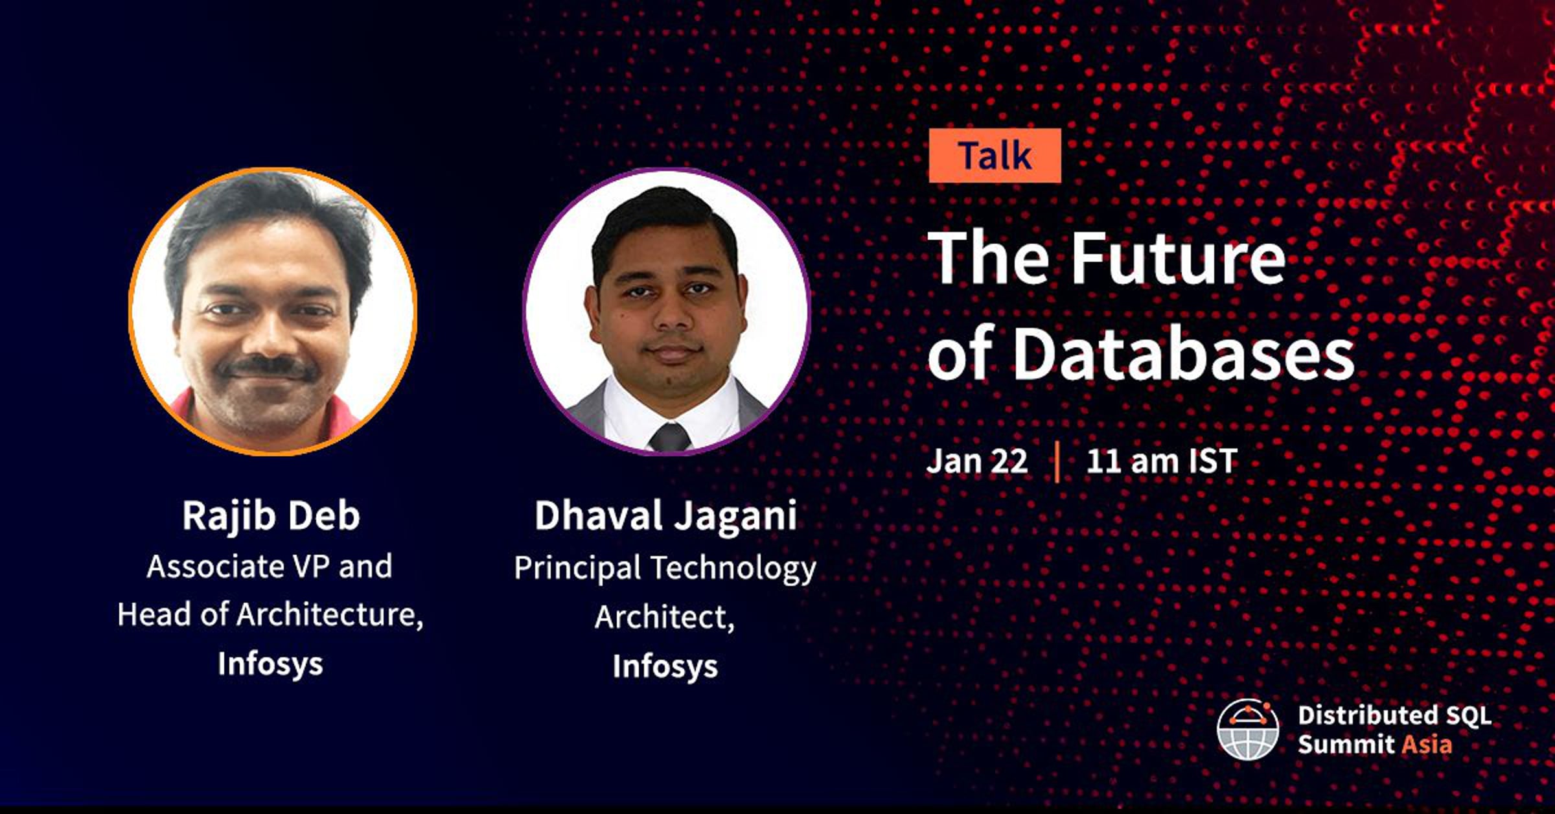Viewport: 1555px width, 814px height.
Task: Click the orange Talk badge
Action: [x=995, y=156]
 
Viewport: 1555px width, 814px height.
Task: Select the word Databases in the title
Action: [x=1183, y=354]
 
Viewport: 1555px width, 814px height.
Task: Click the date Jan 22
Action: [x=977, y=461]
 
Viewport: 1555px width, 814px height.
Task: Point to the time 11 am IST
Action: [x=1162, y=461]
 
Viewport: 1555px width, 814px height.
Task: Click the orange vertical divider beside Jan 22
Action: [x=1057, y=461]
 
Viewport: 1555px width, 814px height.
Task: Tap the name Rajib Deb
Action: [x=271, y=516]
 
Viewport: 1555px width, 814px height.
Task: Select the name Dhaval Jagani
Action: [x=665, y=516]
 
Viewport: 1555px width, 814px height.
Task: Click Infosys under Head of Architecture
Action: [x=270, y=664]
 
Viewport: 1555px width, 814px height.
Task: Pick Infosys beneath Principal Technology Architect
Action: [x=665, y=666]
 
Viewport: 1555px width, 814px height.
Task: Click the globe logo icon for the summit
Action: [x=1248, y=729]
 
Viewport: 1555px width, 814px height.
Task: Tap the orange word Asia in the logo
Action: [x=1427, y=744]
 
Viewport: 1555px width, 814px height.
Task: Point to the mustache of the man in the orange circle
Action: [x=268, y=367]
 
